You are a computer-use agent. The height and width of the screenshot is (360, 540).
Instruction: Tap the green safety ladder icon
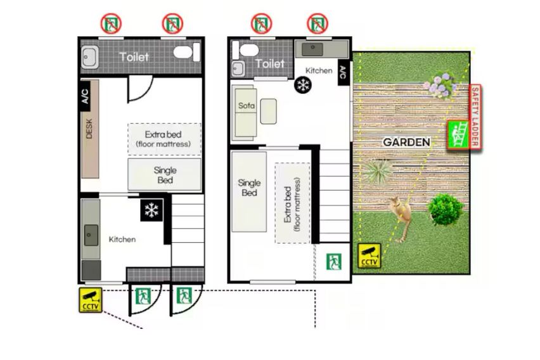458,135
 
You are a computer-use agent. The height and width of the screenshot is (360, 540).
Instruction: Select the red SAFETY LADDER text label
475,117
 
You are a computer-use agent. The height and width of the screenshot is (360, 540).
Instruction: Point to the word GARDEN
406,142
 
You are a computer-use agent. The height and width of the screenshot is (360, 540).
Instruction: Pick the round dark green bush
446,209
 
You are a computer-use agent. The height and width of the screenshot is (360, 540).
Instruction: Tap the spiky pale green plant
376,170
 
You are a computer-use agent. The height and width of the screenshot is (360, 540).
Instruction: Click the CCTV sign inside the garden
369,255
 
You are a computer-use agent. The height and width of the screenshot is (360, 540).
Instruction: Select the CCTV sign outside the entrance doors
91,300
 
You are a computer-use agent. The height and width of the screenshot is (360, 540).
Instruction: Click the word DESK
89,129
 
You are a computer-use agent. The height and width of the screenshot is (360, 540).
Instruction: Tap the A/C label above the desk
85,96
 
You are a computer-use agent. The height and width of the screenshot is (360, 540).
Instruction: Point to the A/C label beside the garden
343,72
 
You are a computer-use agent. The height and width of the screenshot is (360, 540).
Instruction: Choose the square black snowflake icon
151,210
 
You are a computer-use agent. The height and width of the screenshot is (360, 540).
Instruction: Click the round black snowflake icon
303,85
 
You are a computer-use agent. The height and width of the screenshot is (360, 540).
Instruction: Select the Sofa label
247,105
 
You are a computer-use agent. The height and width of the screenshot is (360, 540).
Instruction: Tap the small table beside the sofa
268,112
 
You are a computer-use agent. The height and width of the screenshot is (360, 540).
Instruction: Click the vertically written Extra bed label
292,204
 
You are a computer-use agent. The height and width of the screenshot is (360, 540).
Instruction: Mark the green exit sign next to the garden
334,262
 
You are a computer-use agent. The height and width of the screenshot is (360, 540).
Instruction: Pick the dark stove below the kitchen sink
91,270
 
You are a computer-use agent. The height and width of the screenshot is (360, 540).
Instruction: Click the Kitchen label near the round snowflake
319,70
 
